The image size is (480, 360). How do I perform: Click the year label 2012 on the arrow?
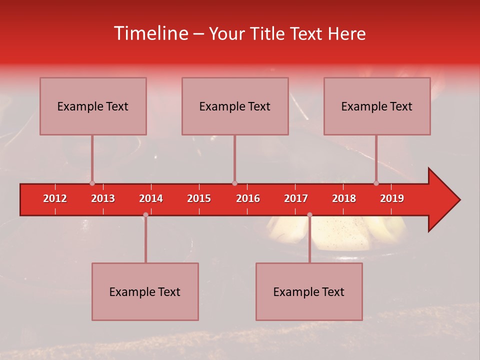55,198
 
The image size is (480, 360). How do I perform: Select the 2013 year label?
103,198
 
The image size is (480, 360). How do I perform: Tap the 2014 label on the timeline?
151,198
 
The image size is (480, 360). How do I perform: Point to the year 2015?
199,198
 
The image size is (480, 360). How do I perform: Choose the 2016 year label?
248,198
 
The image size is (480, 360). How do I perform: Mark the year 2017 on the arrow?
296,198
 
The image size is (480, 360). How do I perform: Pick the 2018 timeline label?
344,198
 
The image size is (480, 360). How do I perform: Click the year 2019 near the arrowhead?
392,198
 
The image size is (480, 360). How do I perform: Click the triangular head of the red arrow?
442,200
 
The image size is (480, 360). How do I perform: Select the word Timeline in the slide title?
150,33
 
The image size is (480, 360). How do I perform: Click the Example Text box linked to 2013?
93,106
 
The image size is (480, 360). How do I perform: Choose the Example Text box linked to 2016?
235,106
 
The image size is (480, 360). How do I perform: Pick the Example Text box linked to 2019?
377,106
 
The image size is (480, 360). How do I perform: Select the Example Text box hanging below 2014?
145,291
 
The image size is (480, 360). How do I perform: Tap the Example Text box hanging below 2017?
309,291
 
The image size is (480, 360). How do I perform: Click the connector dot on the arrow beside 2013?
92,183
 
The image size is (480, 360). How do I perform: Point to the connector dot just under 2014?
145,214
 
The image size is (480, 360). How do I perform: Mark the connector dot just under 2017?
309,214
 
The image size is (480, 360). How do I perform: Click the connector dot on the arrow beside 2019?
376,183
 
